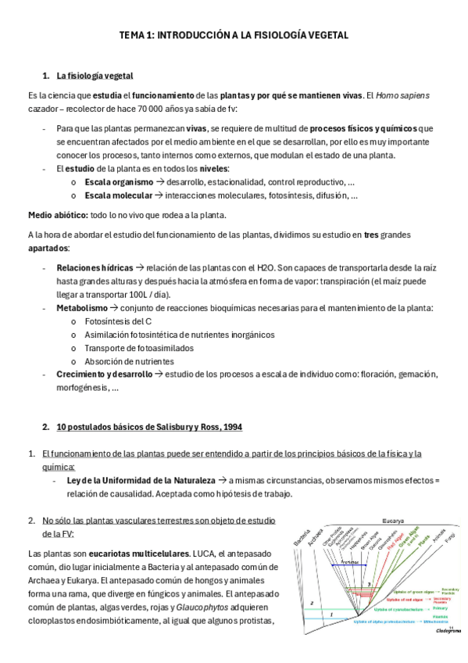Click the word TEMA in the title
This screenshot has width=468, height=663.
(x=131, y=35)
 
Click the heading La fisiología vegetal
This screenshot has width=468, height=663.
(x=95, y=76)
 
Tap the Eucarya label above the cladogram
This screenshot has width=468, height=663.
(x=393, y=521)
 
